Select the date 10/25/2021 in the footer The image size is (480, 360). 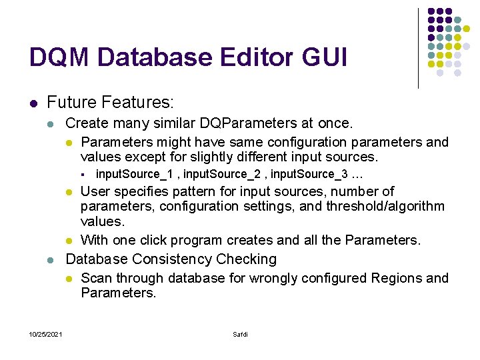[x=46, y=334]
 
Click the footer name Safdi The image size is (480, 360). [x=240, y=334]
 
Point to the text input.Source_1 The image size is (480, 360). [x=137, y=175]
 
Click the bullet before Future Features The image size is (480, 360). [x=33, y=103]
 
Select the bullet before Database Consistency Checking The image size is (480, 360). [x=53, y=259]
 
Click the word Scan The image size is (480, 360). [x=96, y=278]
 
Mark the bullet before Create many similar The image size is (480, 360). [x=53, y=124]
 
